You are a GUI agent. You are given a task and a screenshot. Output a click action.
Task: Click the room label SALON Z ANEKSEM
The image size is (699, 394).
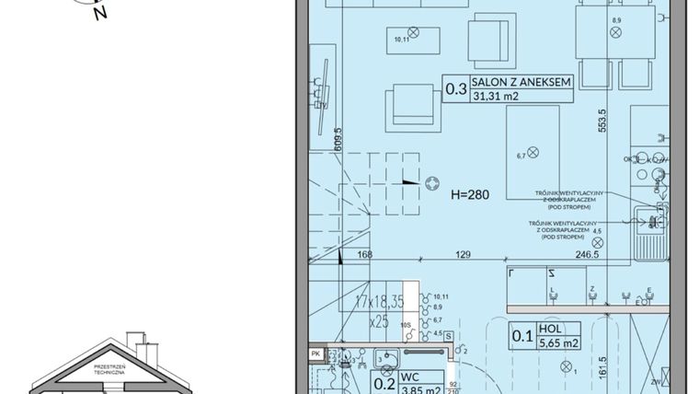click(x=521, y=82)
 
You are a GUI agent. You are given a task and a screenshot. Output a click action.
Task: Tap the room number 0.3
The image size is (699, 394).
click(x=454, y=89)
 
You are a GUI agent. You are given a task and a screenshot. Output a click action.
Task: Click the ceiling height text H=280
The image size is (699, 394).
click(x=470, y=196)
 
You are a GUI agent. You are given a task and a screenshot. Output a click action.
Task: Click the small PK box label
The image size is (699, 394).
click(x=315, y=353)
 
